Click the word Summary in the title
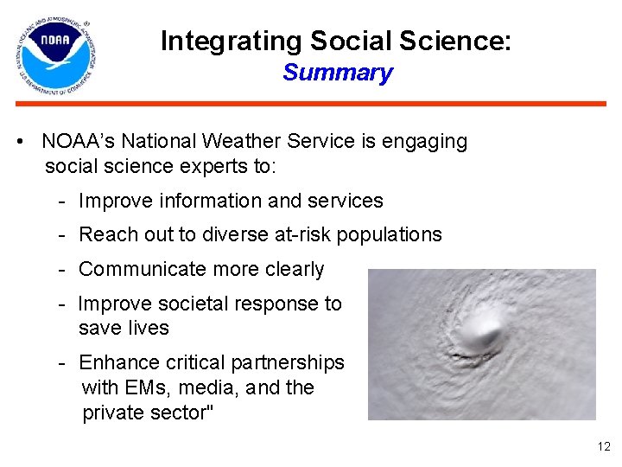click(337, 73)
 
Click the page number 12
click(603, 447)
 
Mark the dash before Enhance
click(63, 362)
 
